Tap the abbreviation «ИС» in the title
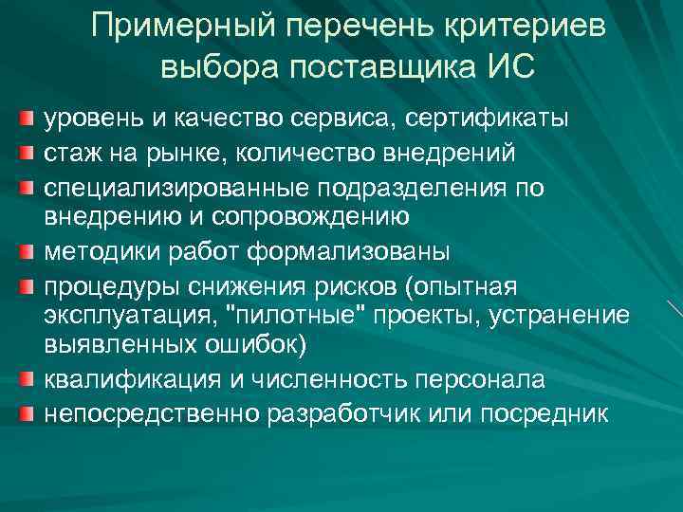click(x=509, y=68)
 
